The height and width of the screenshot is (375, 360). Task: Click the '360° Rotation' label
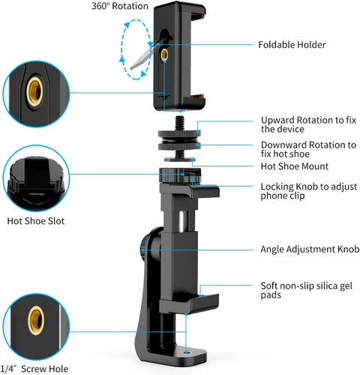tap(120, 6)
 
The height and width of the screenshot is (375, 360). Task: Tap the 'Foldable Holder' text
tap(292, 45)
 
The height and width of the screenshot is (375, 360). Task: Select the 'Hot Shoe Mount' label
tap(295, 166)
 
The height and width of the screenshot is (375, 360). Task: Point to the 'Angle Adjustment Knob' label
tap(310, 249)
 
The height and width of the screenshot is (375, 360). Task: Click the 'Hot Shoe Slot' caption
tap(36, 221)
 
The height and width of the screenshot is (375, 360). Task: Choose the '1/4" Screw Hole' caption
tap(34, 369)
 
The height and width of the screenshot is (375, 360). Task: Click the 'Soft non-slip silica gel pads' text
tap(307, 290)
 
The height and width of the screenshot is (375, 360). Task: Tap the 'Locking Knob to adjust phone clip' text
tap(309, 191)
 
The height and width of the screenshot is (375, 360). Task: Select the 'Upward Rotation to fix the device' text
tap(308, 124)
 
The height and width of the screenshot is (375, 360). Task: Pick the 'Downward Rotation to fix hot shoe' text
tap(308, 149)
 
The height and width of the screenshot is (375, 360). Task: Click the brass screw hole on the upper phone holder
tap(164, 54)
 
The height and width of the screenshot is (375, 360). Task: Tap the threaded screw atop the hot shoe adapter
tap(179, 123)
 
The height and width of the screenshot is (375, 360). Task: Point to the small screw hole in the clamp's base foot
tap(186, 352)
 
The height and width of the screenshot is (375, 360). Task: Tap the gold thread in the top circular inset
tap(34, 91)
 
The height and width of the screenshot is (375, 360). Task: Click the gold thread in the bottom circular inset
tap(36, 321)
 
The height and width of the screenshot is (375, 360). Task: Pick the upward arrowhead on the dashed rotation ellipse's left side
tap(122, 59)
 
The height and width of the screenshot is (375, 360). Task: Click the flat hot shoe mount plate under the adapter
tap(180, 160)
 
